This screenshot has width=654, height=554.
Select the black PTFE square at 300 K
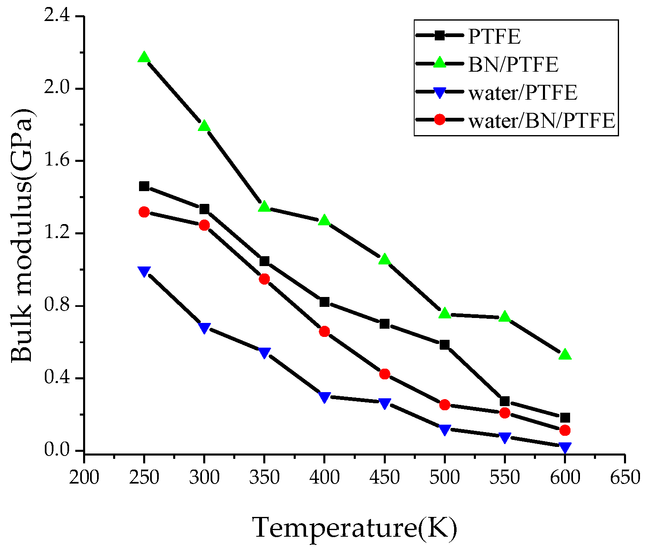click(x=204, y=209)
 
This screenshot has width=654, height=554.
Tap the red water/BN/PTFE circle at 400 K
click(x=324, y=332)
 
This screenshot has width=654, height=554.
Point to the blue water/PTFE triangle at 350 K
click(x=264, y=353)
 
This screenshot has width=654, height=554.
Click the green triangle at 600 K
click(x=565, y=355)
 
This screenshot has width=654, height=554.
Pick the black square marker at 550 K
click(x=505, y=401)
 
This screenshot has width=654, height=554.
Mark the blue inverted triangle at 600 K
click(x=565, y=447)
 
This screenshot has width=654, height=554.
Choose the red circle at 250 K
click(x=144, y=212)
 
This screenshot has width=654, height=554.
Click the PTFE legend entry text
click(x=494, y=36)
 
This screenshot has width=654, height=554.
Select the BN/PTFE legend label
click(x=513, y=64)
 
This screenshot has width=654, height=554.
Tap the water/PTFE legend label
click(x=523, y=92)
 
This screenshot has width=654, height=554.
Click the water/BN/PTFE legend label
click(x=542, y=120)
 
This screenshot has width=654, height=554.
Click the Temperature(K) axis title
click(x=354, y=528)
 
